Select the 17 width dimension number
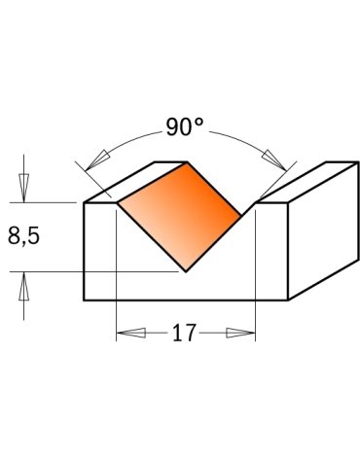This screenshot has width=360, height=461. point(184,334)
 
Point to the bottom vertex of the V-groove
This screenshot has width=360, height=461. point(185,271)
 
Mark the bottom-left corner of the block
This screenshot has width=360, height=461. point(85,300)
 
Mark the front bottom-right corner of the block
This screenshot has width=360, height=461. point(288,300)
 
